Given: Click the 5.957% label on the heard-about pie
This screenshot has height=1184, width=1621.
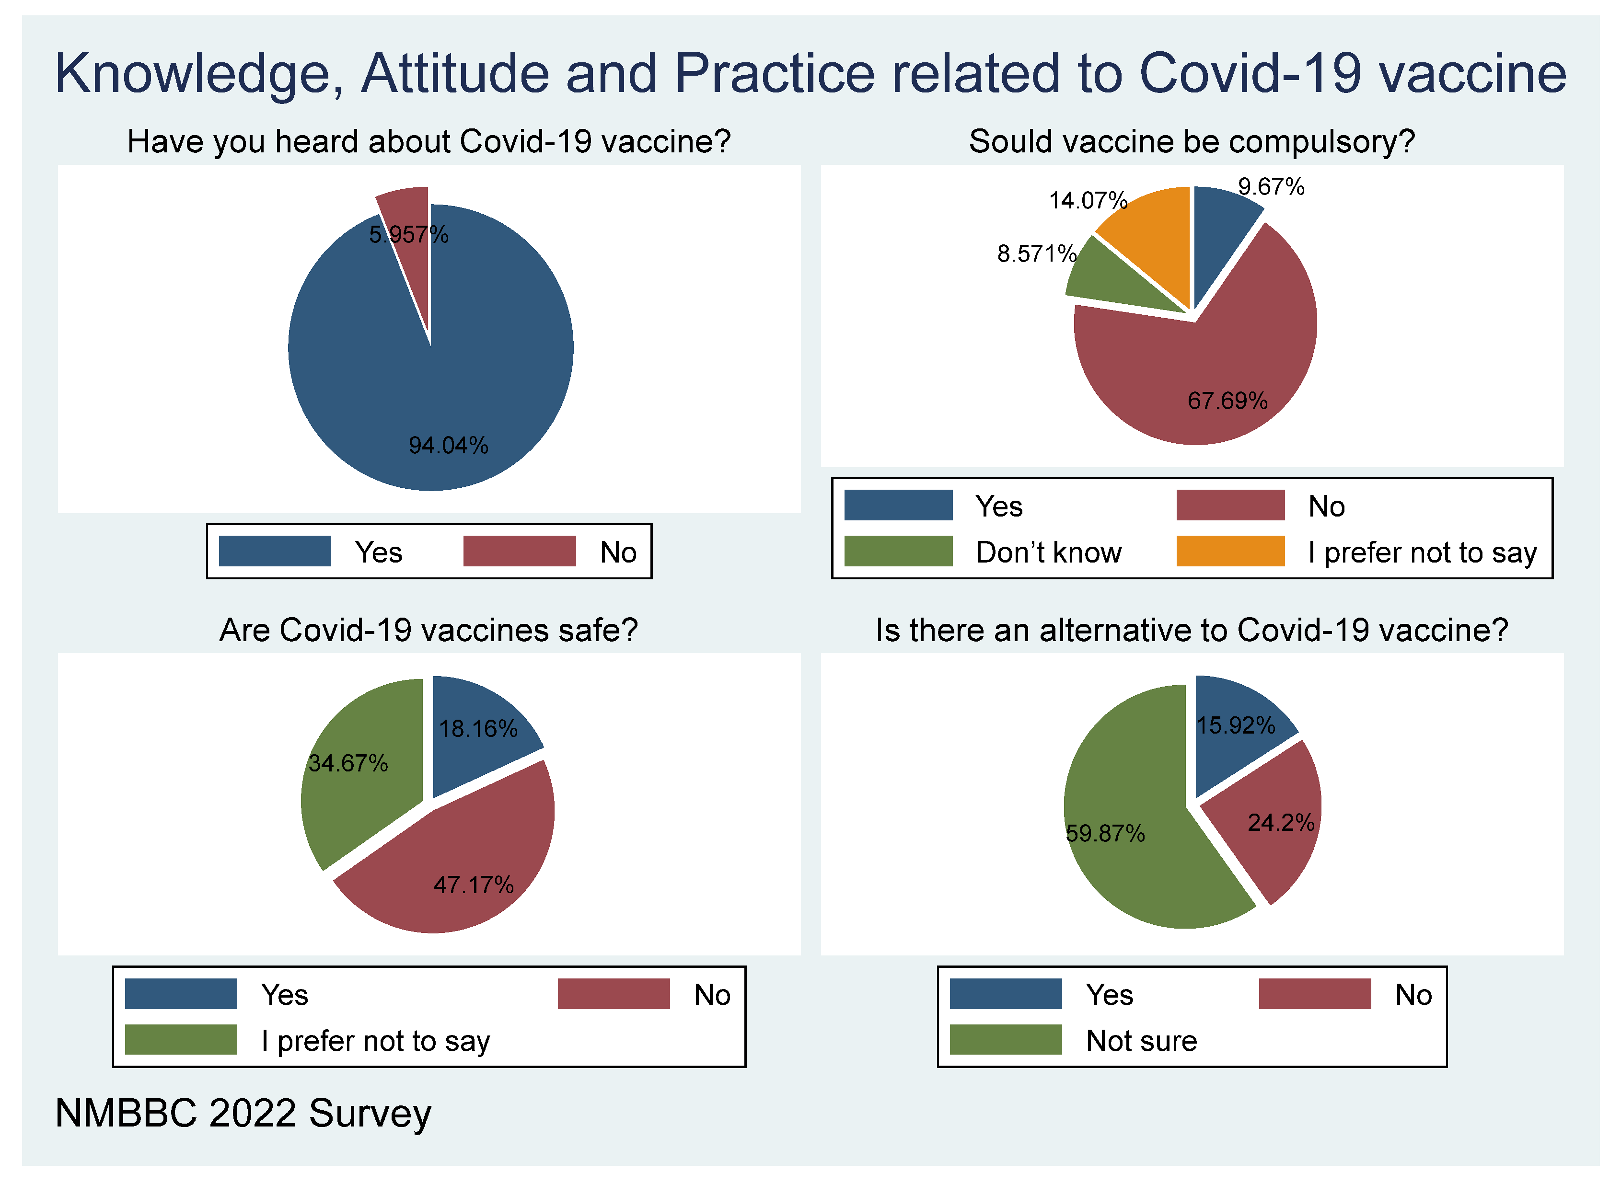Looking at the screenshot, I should coord(409,234).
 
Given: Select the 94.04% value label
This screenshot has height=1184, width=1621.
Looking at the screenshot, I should coord(448,445).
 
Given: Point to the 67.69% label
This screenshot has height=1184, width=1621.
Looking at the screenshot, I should coord(1227,401).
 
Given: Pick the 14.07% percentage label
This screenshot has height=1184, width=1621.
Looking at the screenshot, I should coord(1088,200).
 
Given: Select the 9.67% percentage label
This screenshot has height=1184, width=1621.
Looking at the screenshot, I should coord(1271,187).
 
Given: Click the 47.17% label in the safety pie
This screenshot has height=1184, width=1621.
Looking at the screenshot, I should coord(473,885).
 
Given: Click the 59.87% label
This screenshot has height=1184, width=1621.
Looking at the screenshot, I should coord(1105,834).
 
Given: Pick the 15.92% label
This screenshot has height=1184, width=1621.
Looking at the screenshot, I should coord(1235,725).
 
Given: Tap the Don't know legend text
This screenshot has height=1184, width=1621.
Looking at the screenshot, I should coord(1048,552).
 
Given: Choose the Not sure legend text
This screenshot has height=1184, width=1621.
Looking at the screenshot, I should coord(1141,1041).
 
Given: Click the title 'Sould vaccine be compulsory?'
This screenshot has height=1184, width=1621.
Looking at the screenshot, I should coord(1192,141).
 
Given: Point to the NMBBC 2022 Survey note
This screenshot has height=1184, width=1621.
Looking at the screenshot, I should coord(243,1113).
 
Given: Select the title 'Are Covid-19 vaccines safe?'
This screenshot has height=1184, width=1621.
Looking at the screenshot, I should coord(428,630).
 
